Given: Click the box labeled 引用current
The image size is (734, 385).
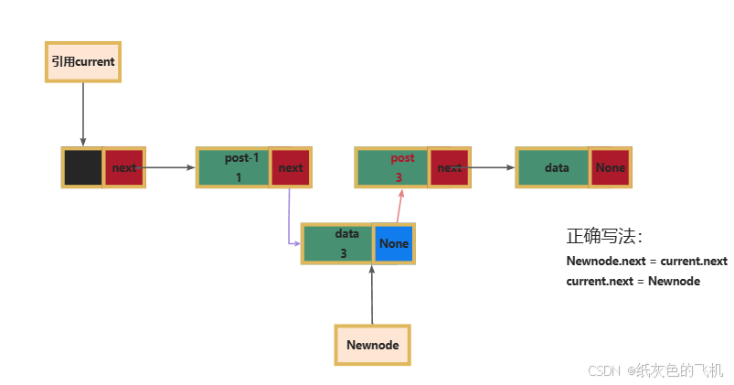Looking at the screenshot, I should point(83,62).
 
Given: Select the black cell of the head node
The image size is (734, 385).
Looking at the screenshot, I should point(83,167).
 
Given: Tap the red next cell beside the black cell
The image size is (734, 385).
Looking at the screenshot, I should point(124,167).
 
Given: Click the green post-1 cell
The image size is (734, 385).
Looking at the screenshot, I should point(234,167).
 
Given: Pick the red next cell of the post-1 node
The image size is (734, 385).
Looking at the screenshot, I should point(291,167).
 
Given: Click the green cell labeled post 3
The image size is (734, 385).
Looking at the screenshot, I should point(393,167).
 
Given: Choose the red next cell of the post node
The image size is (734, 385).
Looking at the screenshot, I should point(449,167).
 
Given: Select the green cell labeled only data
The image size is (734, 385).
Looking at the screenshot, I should point(553,167).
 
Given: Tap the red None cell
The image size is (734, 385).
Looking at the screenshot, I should point(610,167).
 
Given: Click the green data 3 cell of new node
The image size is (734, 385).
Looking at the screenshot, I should point(338,244).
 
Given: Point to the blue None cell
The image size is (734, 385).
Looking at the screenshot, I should point(394,244).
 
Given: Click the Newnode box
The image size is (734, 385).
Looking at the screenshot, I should point(372,345).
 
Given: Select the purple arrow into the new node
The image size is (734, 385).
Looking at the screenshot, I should point(290,219).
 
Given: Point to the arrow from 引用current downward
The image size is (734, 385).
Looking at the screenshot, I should point(83,114).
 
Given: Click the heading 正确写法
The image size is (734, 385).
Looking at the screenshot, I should point(604,236).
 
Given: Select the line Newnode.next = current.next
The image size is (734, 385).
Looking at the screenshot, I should point(646,261).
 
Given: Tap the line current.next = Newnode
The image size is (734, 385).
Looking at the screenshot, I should point(633,281).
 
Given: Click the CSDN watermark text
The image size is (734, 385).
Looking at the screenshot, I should point(655,370).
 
